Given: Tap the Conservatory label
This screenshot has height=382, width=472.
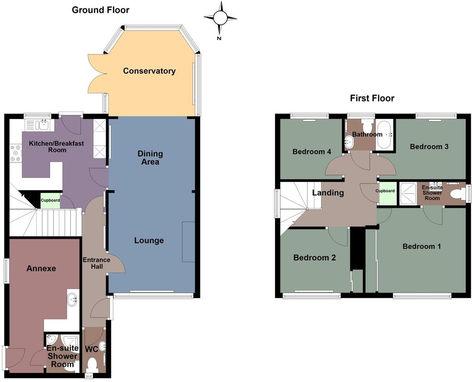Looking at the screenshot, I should tap(149, 71).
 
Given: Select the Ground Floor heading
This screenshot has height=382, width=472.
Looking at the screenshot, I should tap(100, 10).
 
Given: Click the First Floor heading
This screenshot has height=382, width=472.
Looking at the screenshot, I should tap(372, 98).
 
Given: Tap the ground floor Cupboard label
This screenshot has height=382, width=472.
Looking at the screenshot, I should tap(50, 200).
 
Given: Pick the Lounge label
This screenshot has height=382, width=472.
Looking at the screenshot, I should tap(149, 241).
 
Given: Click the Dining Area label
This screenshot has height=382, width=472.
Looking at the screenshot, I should tap(150, 158).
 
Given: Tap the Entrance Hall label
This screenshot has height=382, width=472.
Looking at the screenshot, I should tap(96, 263).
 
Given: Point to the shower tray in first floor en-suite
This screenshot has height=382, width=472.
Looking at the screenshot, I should tap(408, 194).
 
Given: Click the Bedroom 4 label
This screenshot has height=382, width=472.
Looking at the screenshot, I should tap(312, 152).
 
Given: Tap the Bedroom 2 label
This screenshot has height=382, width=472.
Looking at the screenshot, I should tap(314, 258).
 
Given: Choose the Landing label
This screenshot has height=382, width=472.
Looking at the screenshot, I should tap(328, 192).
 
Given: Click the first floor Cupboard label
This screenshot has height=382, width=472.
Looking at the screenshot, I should tap(385, 191).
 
